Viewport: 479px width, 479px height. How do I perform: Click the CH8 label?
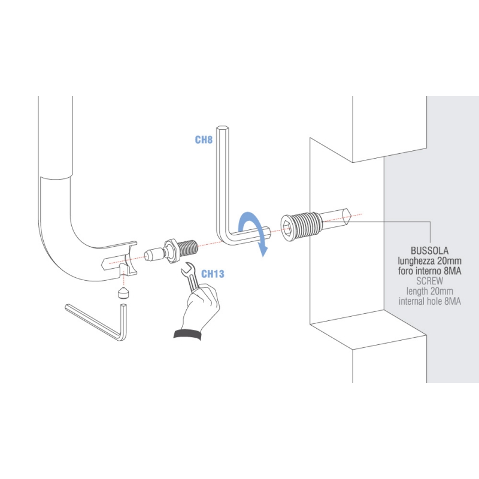pos(204,140)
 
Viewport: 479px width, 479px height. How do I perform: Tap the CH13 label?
pos(213,274)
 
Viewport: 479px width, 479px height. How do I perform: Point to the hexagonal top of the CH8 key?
pos(223,128)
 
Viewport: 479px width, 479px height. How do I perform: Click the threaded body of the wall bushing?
pos(308,225)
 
